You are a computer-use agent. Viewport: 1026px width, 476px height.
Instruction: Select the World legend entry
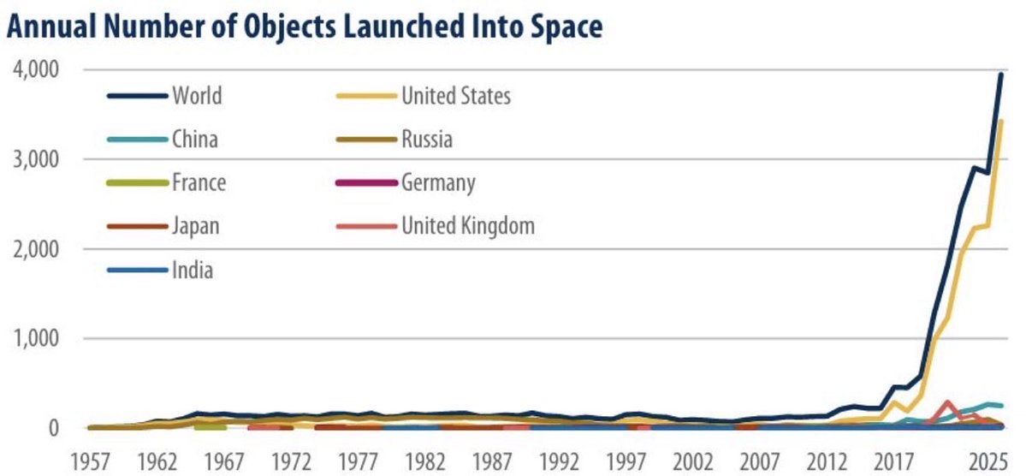[196, 95]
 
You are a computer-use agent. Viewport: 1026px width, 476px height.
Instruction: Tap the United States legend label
[455, 95]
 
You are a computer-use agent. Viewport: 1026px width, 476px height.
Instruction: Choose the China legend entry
[196, 139]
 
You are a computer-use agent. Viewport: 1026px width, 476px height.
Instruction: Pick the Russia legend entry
[427, 139]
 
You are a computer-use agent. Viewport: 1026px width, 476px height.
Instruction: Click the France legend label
[199, 182]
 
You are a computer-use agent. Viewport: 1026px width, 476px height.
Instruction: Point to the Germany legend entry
[438, 182]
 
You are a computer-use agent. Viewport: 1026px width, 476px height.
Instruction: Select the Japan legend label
[196, 226]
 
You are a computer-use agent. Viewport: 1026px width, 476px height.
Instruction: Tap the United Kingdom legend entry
[467, 226]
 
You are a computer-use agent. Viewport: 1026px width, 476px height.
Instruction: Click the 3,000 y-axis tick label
[35, 159]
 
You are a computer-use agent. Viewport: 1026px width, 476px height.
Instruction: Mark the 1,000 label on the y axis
[35, 338]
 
